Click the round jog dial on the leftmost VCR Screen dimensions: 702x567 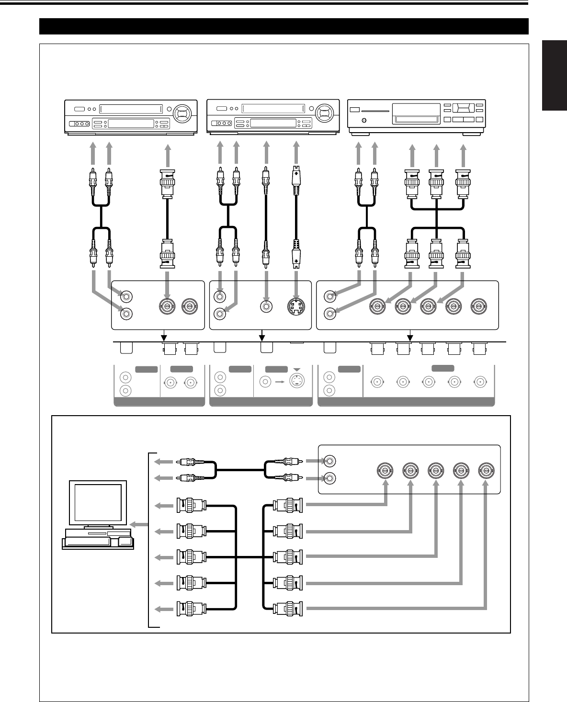point(182,114)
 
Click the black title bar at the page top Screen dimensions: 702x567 point(283,26)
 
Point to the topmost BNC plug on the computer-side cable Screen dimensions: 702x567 point(192,505)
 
